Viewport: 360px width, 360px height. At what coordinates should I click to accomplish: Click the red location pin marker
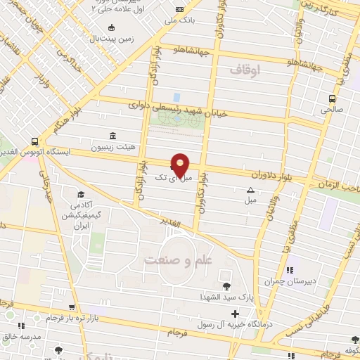tap(181, 165)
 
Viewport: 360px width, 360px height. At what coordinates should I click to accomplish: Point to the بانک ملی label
tap(179, 20)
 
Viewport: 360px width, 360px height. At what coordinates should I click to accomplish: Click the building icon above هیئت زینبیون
tap(112, 136)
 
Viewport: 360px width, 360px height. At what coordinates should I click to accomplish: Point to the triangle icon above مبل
tap(250, 191)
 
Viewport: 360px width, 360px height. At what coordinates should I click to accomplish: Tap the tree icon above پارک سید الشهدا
tap(226, 285)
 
